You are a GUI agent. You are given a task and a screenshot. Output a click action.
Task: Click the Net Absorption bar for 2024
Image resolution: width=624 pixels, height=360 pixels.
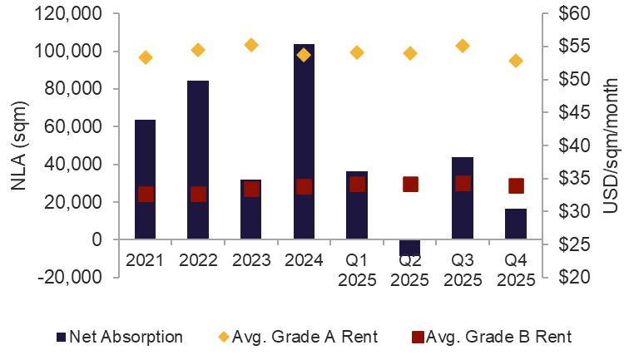coord(304,141)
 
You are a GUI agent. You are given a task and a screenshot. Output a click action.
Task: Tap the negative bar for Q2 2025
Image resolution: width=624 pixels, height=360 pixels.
coord(410,247)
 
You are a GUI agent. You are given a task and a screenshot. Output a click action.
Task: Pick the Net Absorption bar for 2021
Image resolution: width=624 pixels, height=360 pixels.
coord(146,179)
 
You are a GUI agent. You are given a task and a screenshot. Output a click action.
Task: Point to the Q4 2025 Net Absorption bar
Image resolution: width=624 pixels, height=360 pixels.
coord(516,224)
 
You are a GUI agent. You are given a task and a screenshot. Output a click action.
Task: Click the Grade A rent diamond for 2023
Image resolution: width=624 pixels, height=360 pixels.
coord(251,45)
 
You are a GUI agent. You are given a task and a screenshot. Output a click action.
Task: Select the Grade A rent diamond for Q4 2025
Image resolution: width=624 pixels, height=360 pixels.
coord(516,61)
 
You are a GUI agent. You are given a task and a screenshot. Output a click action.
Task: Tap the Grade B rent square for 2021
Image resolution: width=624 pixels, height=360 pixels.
coord(146,194)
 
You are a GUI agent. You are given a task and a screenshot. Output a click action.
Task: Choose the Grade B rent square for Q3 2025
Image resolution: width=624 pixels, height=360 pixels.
coord(463,183)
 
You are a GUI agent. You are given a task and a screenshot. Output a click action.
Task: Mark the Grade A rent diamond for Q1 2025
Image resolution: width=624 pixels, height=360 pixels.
coord(357,52)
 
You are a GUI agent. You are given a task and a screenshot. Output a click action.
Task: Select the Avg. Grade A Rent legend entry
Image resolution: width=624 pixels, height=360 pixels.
coord(299,337)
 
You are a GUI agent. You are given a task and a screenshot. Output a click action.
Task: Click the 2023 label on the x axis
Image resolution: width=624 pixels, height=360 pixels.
coord(251,259)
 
